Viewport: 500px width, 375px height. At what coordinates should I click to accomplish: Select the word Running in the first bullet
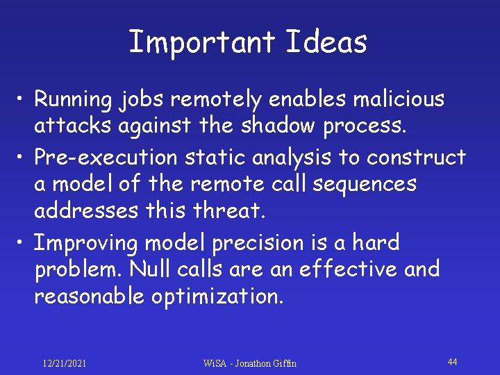74,100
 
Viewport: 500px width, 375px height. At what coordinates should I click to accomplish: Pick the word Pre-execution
107,158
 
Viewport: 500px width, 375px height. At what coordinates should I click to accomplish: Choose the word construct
417,158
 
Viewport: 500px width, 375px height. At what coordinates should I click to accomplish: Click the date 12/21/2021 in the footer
64,363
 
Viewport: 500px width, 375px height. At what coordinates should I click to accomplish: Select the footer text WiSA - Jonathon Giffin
249,363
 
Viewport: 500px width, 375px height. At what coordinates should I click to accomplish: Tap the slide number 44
452,362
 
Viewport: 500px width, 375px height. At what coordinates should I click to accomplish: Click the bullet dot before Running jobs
24,100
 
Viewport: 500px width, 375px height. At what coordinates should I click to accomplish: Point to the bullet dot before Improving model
24,244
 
